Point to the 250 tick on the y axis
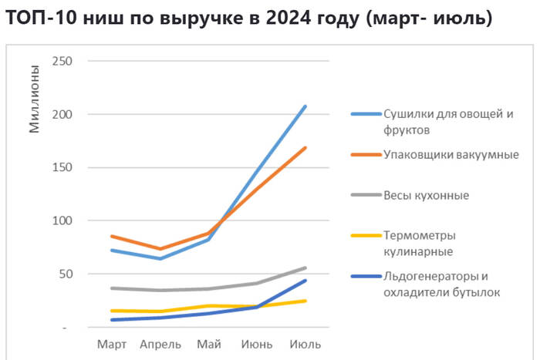tap(62, 61)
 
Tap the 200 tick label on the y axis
tap(62, 114)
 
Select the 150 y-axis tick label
tap(62, 167)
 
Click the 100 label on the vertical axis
tap(62, 220)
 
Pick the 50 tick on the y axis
tap(66, 274)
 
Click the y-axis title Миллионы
tap(35, 99)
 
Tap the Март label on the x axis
tap(112, 343)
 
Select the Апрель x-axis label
tap(160, 343)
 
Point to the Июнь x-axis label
tap(258, 343)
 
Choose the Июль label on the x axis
tap(305, 343)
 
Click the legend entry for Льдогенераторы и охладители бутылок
tap(442, 284)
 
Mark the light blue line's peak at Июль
tap(305, 106)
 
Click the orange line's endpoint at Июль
tap(305, 147)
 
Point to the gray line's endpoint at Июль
tap(305, 267)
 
